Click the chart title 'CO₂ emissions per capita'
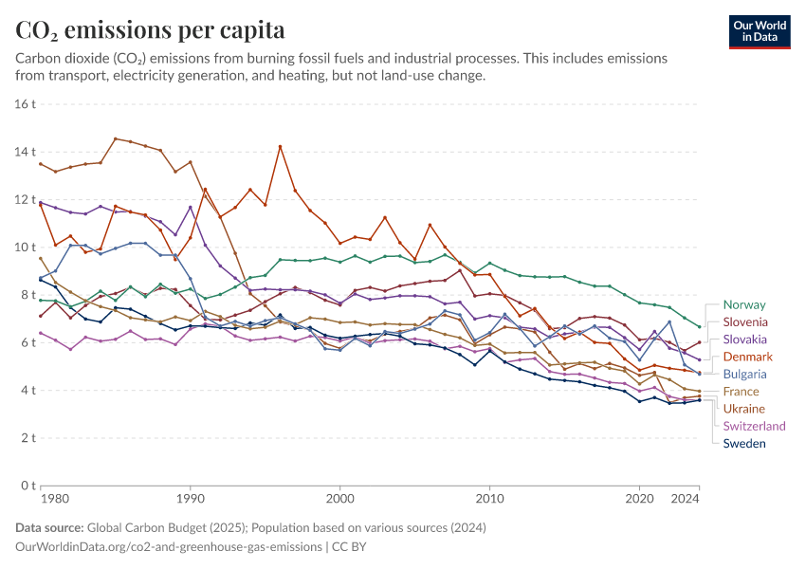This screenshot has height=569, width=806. tap(150, 30)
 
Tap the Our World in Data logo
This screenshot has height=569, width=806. tap(760, 30)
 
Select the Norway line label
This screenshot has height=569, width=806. tap(744, 305)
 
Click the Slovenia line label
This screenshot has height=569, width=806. tap(746, 322)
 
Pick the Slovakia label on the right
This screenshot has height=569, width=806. tap(747, 340)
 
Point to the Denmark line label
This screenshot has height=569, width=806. tap(747, 357)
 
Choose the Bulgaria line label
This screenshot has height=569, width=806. tap(745, 375)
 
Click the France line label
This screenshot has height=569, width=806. tap(741, 392)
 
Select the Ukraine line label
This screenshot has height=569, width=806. tap(743, 409)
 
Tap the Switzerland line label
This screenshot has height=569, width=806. tap(754, 427)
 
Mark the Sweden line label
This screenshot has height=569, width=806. tap(744, 444)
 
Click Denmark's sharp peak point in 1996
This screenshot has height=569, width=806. tap(280, 146)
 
